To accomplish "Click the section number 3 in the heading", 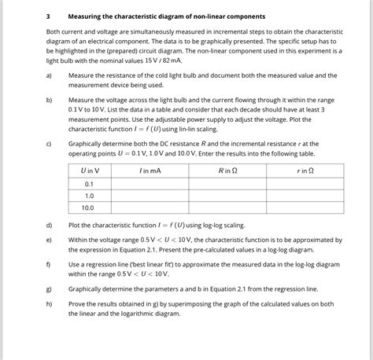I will (x=47, y=16).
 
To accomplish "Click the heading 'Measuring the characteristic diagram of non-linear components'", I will (x=166, y=16).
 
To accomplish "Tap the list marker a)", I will (x=49, y=75).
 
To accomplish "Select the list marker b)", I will (x=49, y=101).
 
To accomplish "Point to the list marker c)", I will (x=49, y=145).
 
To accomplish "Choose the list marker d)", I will (x=49, y=225).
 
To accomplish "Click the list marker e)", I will (x=49, y=239).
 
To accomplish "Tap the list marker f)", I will (x=49, y=264).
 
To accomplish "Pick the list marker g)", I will (x=49, y=288).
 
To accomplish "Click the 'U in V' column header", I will (x=90, y=171).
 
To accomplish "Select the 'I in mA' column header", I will (x=150, y=171).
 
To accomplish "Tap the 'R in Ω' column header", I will (x=227, y=171).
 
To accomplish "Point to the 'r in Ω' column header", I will (x=305, y=171).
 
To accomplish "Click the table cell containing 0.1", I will (x=90, y=183).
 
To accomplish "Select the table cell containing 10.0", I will (x=90, y=208).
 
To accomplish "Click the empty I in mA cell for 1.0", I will (x=150, y=196).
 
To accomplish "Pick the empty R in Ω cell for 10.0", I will (x=227, y=208).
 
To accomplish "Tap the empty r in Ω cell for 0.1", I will (x=305, y=183).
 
